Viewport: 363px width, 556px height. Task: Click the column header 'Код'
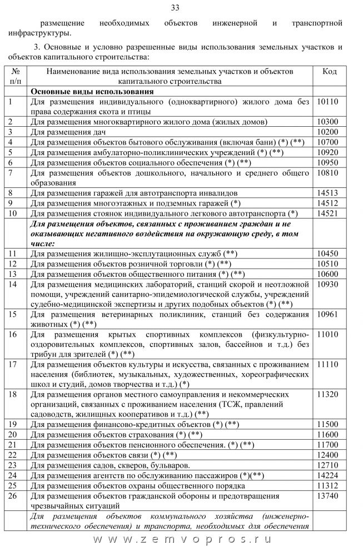tap(329, 72)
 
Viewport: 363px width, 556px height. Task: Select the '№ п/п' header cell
tap(16, 76)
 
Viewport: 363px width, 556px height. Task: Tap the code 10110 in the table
tap(327, 102)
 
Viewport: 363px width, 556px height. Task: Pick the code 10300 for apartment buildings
tap(327, 122)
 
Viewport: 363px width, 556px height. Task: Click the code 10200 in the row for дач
tap(327, 132)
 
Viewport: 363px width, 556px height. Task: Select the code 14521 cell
tap(327, 213)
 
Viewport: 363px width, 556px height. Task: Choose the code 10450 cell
tap(327, 253)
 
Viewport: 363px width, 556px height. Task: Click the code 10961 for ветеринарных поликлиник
tap(327, 314)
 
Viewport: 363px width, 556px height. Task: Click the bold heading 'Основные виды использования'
tap(92, 92)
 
